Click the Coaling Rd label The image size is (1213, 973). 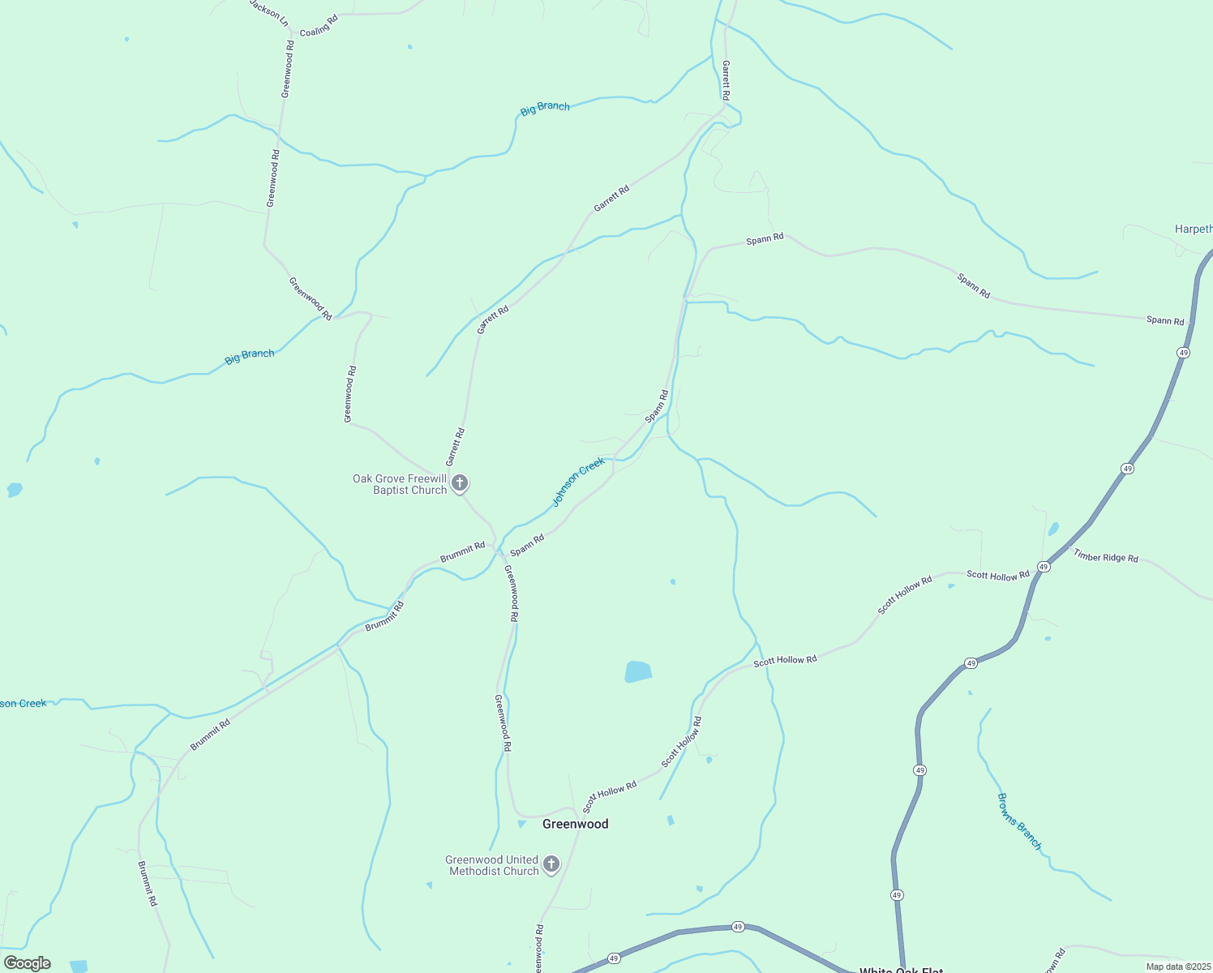(x=319, y=25)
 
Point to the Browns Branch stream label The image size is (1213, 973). (x=1019, y=821)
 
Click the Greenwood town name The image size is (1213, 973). (x=575, y=824)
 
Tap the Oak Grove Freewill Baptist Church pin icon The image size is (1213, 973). (x=460, y=484)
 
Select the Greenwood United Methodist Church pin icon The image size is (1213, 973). (x=551, y=864)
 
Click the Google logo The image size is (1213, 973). (x=28, y=963)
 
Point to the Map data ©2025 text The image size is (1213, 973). (x=1177, y=967)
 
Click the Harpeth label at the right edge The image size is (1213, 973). (x=1194, y=229)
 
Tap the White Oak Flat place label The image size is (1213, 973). (x=901, y=970)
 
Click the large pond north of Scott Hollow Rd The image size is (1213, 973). (x=638, y=672)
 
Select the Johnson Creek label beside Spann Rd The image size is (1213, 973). (x=578, y=481)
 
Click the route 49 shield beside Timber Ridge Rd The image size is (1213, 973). (x=1044, y=567)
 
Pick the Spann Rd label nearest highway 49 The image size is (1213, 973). (x=1165, y=320)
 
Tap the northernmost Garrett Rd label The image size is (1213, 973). (x=727, y=80)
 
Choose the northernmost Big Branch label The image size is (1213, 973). (x=545, y=108)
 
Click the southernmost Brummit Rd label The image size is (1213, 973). (x=146, y=884)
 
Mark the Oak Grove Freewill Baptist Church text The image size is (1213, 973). (x=400, y=484)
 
